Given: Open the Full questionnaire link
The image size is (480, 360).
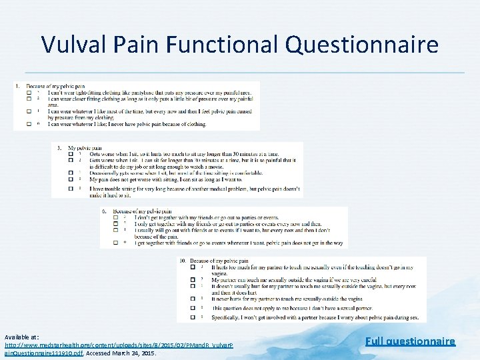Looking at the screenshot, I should (x=410, y=341).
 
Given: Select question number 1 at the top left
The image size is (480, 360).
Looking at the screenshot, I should (x=18, y=86).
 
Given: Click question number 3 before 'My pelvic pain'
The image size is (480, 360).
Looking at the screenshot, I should (x=60, y=147).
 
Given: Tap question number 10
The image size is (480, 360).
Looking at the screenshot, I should (x=183, y=261).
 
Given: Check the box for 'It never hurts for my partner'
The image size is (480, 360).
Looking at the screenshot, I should (x=192, y=299).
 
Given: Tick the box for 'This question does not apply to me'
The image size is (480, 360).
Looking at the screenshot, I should (x=192, y=308).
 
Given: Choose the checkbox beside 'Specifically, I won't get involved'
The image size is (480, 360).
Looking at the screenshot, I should (x=192, y=317).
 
